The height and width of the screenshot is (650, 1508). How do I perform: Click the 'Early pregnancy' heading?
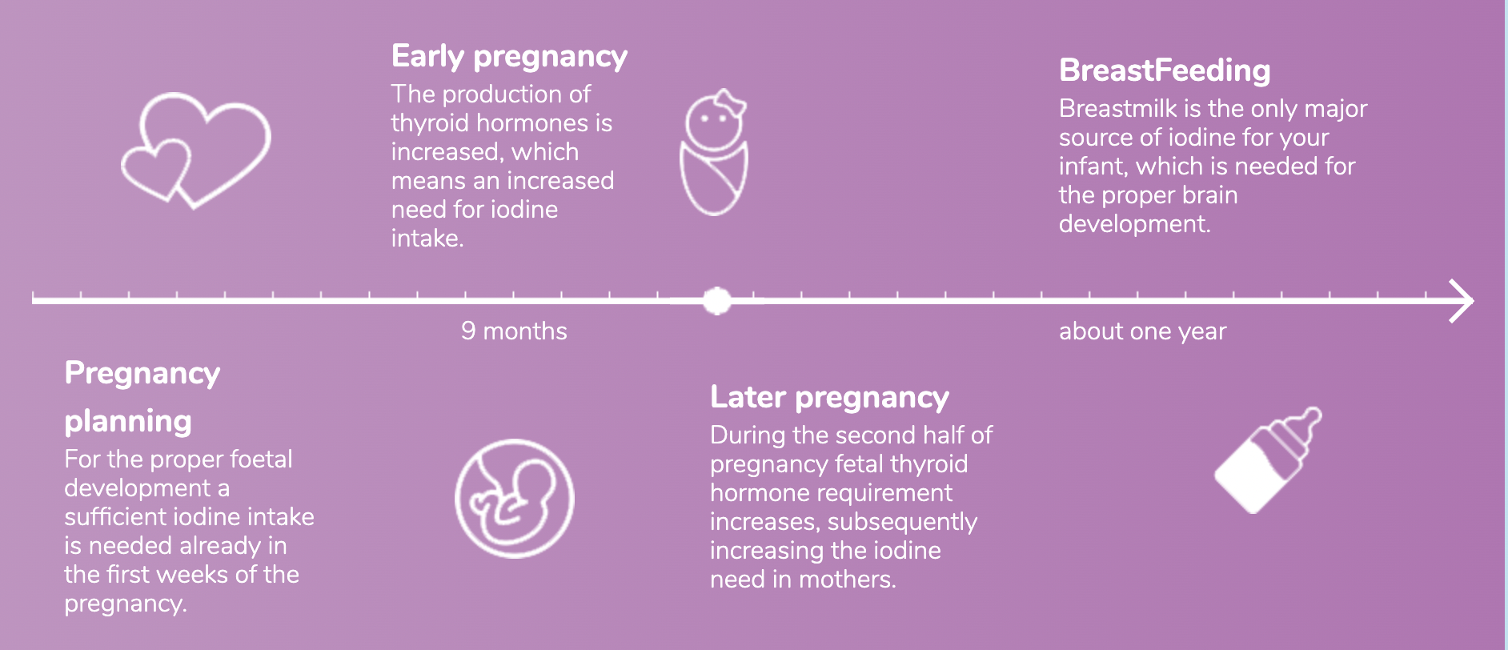509,57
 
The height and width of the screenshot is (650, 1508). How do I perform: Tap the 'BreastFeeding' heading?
1164,70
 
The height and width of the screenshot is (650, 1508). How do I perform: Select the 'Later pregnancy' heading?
829,397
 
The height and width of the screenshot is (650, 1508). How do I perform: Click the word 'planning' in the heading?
128,421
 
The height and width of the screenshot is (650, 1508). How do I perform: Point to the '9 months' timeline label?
514,331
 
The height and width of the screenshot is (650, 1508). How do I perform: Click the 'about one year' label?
1142,331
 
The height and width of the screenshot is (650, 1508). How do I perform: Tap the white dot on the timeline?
717,301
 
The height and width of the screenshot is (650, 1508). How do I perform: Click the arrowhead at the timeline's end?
1463,301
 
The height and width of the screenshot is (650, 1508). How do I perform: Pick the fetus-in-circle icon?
514,498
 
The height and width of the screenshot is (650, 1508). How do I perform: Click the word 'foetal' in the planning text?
261,459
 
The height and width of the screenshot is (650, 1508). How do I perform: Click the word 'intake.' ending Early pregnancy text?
427,239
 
